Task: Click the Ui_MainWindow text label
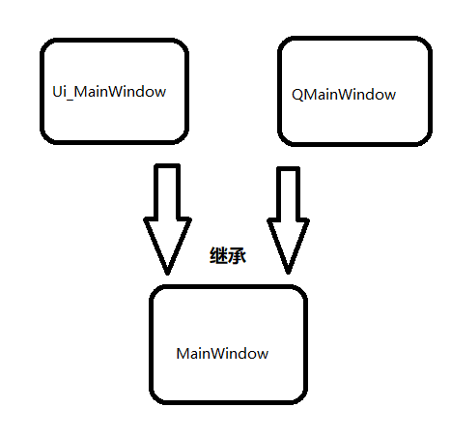coord(109,92)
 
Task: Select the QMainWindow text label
coord(343,95)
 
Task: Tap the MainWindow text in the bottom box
coord(222,354)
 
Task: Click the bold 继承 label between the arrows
coord(227,256)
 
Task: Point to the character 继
coord(218,256)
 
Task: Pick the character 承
coord(236,256)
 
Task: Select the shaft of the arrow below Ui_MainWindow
coord(167,189)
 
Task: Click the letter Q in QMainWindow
coord(296,95)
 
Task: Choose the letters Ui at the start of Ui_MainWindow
coord(59,92)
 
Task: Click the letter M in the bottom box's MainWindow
coord(183,354)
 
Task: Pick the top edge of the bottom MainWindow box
coord(228,287)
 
